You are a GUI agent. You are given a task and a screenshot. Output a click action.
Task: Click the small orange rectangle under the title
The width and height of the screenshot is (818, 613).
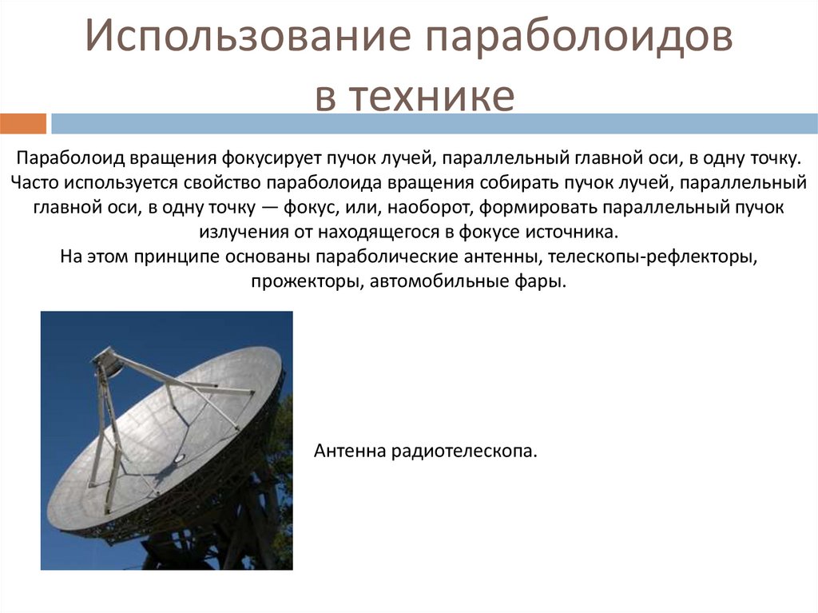click(x=23, y=124)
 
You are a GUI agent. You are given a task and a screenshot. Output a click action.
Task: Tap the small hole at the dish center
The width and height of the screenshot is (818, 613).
click(x=179, y=457)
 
